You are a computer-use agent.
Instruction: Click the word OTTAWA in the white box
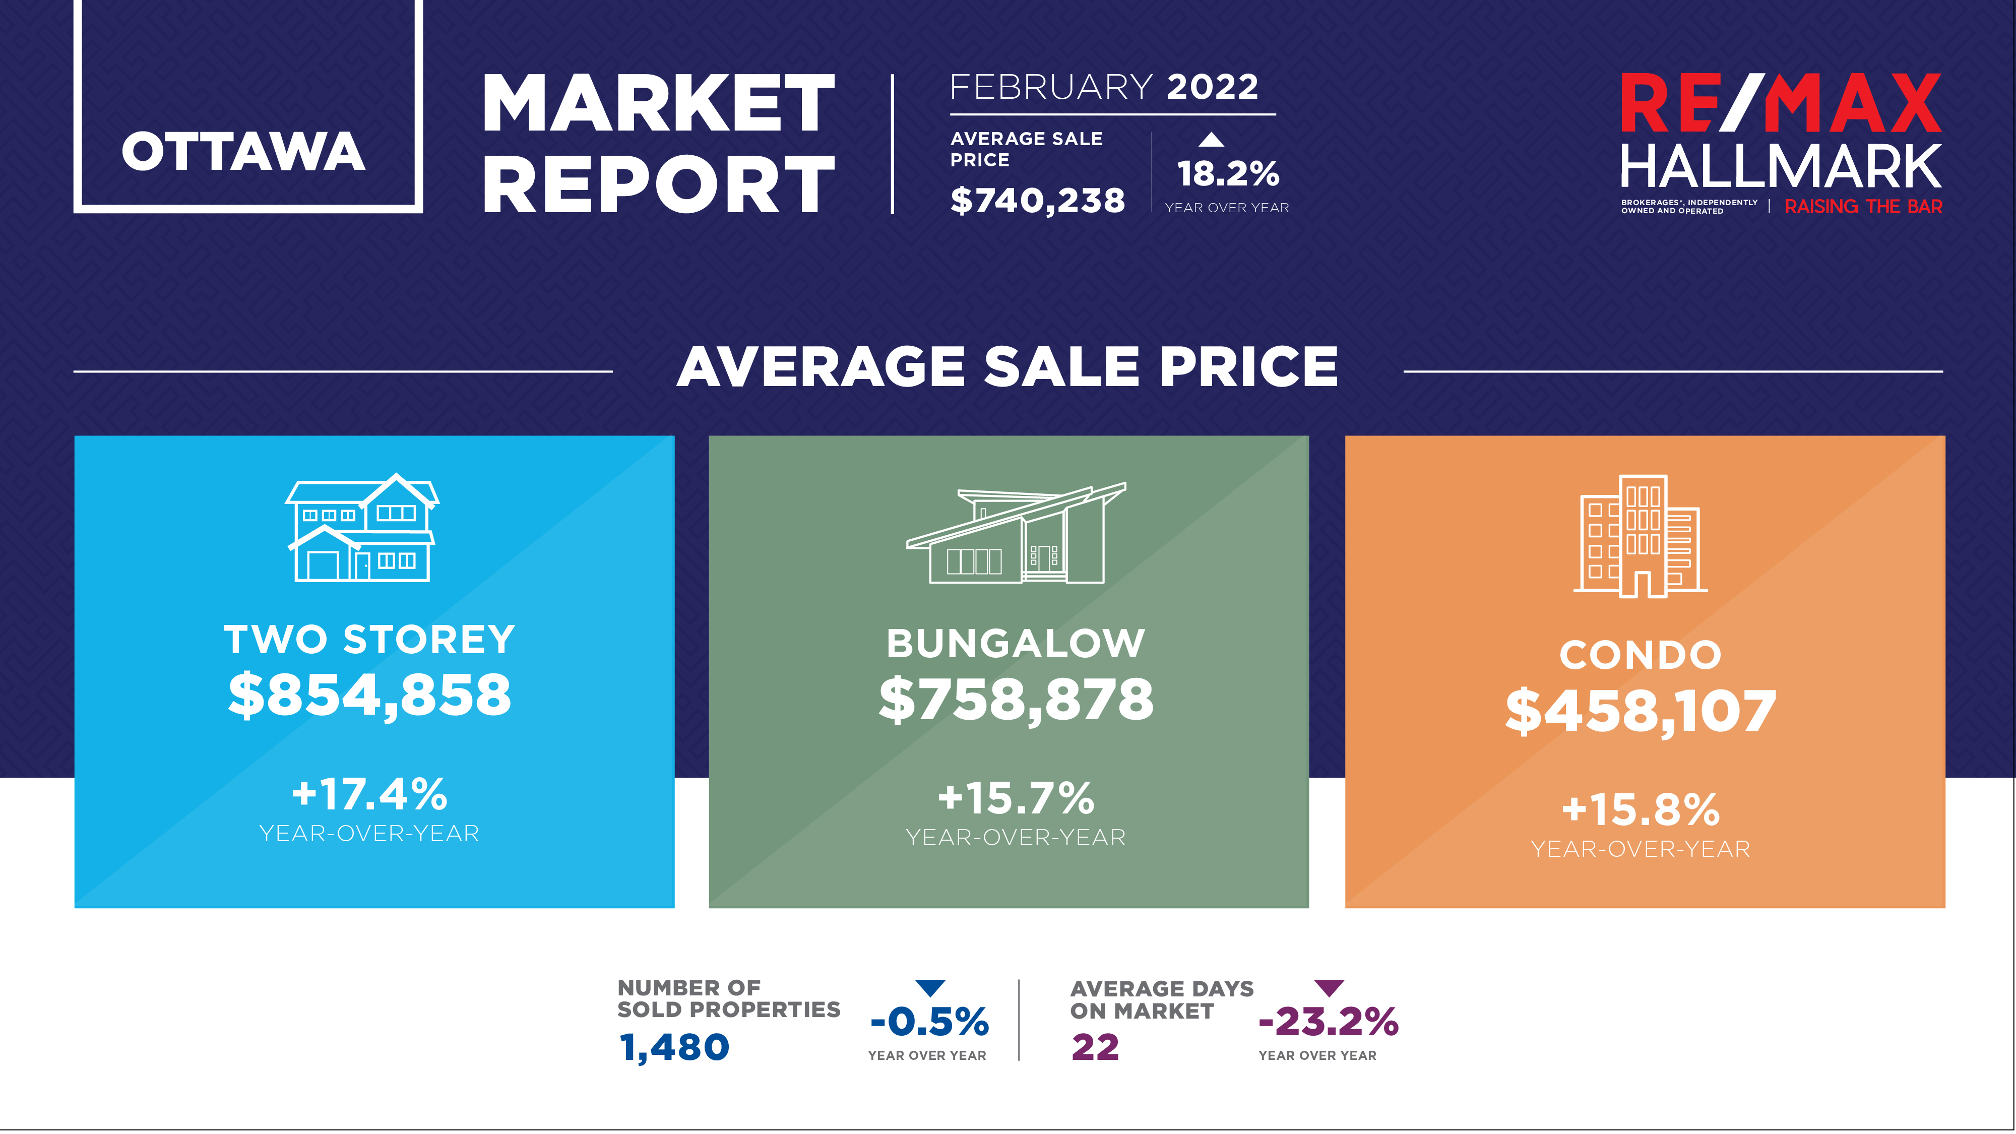243,151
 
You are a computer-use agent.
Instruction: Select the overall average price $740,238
1037,201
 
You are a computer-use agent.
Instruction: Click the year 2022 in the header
1212,87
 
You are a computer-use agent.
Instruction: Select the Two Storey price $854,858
369,695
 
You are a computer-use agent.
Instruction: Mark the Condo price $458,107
1641,711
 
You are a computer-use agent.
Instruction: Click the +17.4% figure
369,794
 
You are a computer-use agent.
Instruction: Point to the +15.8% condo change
1641,809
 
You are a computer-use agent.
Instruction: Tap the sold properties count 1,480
674,1047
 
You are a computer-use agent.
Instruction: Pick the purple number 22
1095,1047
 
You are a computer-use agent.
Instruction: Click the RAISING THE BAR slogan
1863,207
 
